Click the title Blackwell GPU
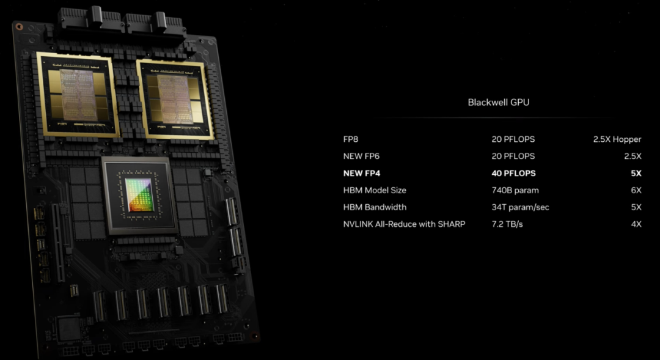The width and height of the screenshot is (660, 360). [x=499, y=102]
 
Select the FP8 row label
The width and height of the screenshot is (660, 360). [x=351, y=139]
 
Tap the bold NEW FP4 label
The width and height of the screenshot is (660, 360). [x=362, y=173]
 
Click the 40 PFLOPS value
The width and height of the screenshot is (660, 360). [x=513, y=173]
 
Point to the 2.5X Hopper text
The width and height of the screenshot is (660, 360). [x=617, y=139]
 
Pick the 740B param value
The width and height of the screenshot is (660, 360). [x=515, y=190]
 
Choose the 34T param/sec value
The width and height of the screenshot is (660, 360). [x=520, y=207]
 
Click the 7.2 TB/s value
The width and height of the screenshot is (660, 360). [x=507, y=224]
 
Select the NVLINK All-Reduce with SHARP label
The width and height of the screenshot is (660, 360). [x=404, y=224]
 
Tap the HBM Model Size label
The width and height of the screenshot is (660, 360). [x=375, y=190]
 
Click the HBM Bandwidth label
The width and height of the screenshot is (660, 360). [x=375, y=207]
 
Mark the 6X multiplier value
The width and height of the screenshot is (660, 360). [x=636, y=190]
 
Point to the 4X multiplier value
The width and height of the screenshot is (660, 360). [x=636, y=224]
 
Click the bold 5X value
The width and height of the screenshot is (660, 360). [x=636, y=173]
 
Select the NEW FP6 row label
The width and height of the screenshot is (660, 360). [x=361, y=156]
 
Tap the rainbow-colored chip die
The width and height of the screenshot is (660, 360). [x=139, y=194]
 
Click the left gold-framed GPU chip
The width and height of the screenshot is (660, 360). [x=78, y=95]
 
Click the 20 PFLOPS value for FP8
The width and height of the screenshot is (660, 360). [x=513, y=139]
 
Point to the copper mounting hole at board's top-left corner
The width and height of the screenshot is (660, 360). [x=19, y=26]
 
